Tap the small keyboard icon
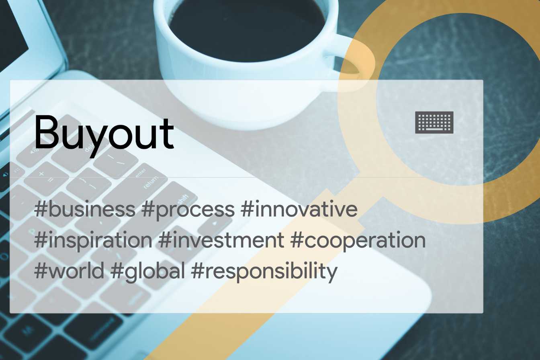[x=434, y=122]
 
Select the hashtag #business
[x=85, y=209]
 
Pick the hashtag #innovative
[x=299, y=209]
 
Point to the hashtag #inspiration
[x=93, y=241]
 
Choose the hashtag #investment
[x=221, y=240]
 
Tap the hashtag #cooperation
[x=358, y=241]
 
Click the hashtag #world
[x=69, y=270]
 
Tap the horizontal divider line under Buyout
[x=246, y=178]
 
